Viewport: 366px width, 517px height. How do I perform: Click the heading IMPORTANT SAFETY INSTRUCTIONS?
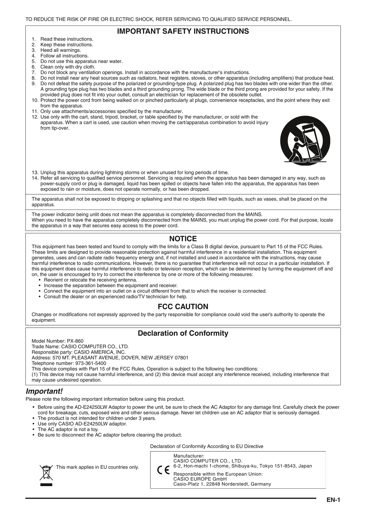(x=183, y=31)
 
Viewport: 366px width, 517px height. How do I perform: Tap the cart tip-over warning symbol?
(x=305, y=141)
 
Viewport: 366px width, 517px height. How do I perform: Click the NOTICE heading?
(x=183, y=239)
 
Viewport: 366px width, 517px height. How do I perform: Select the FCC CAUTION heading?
(x=183, y=307)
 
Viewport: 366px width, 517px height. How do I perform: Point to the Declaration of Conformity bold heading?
(x=183, y=333)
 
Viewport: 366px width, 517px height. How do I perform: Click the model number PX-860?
(x=75, y=341)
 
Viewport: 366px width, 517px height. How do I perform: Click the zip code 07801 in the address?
(x=181, y=358)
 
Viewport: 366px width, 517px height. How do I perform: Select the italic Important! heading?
(x=44, y=391)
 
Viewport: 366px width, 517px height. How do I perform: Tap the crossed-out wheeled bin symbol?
(x=46, y=472)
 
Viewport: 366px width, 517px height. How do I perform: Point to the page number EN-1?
(x=333, y=500)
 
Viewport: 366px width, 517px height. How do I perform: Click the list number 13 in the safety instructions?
(x=35, y=173)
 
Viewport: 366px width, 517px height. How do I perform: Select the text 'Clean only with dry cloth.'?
(x=68, y=67)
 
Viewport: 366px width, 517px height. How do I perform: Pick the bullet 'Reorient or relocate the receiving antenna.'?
(x=90, y=280)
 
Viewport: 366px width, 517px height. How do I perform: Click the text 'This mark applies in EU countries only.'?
(x=97, y=467)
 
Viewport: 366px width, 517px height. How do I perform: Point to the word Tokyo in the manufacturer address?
(x=266, y=466)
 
